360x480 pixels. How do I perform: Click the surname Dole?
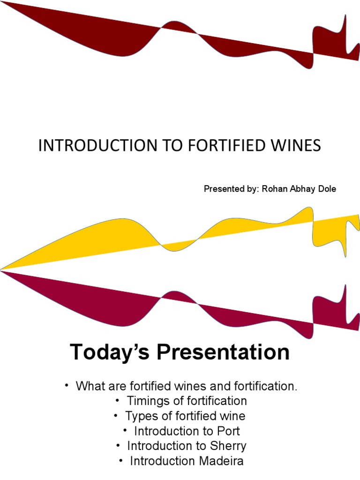(326, 189)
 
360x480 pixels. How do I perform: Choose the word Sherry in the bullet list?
(229, 446)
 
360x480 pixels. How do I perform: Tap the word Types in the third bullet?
(139, 416)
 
